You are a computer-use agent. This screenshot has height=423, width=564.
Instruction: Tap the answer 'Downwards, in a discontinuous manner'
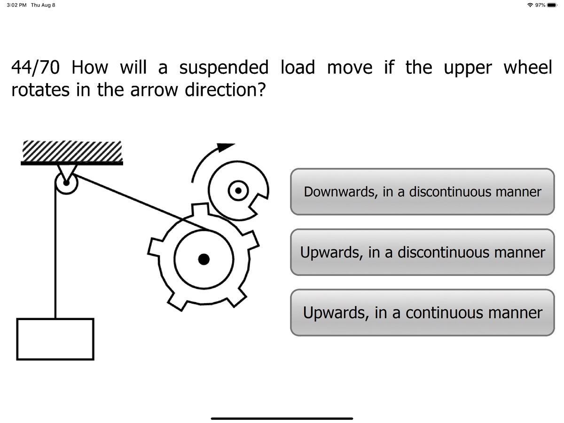click(x=422, y=192)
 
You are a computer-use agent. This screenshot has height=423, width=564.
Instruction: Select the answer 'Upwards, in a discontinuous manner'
click(x=422, y=252)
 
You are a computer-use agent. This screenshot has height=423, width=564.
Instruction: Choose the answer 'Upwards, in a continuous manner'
click(x=422, y=313)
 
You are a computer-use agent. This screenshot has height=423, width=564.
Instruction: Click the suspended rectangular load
click(x=55, y=339)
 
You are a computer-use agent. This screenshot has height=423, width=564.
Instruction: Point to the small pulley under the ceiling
click(x=66, y=183)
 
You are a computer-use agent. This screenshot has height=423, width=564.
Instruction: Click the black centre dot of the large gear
click(x=204, y=259)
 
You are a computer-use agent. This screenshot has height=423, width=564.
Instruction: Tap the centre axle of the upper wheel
click(x=238, y=190)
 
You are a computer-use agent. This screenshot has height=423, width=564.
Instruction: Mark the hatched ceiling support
click(x=72, y=151)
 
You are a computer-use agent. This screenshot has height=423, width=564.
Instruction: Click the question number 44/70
click(x=35, y=68)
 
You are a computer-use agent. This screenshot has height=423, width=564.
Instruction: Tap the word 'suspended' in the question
click(x=224, y=68)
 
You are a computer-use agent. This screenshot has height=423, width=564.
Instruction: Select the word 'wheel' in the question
click(x=528, y=68)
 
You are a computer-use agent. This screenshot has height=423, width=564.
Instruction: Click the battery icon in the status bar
click(x=552, y=5)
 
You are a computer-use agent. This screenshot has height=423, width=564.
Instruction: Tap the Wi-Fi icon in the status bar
click(x=530, y=5)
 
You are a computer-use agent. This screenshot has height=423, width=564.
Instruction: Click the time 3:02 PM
click(x=16, y=5)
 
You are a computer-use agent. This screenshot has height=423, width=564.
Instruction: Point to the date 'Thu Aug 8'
click(x=43, y=5)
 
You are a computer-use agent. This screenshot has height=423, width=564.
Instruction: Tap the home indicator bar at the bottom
click(x=282, y=418)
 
